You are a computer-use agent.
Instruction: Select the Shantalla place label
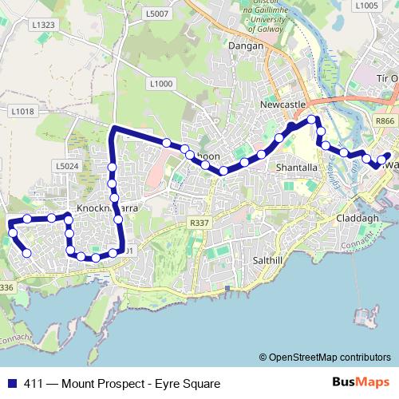(x=296, y=168)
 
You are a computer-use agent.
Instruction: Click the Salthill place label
(x=268, y=261)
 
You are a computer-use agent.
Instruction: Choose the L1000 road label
(x=160, y=84)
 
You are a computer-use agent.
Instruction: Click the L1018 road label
(x=23, y=112)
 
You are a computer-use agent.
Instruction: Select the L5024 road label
(x=67, y=166)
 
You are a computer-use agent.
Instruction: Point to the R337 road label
(x=199, y=224)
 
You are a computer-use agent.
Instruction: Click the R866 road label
(x=385, y=120)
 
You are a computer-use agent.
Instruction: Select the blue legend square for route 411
(x=10, y=384)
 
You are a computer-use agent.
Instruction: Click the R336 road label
(x=6, y=287)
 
